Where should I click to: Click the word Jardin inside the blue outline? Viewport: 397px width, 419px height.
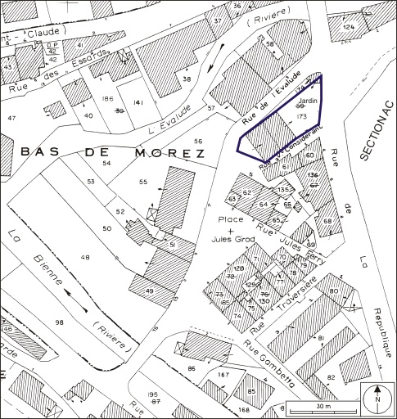[x=297, y=104]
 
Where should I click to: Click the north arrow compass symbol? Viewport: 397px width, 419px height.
[x=377, y=399]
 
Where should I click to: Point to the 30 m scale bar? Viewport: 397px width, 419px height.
[x=321, y=408]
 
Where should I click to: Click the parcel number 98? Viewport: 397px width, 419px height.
[x=59, y=324]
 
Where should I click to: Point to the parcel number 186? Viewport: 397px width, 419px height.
[x=106, y=98]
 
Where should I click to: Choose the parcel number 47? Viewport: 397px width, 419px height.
[x=11, y=119]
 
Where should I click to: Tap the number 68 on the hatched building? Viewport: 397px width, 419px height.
[x=327, y=221]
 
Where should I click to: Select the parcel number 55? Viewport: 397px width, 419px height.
[x=143, y=180]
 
